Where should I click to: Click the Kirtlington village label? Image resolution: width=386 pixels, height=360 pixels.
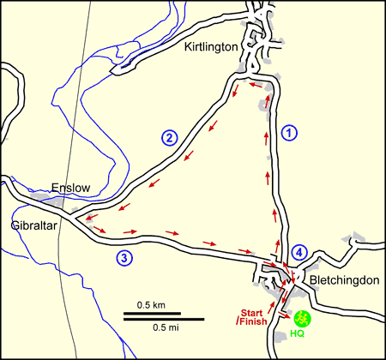[210, 49]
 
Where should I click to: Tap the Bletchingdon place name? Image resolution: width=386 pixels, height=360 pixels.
[339, 280]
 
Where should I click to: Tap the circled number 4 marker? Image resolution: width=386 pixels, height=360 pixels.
[298, 252]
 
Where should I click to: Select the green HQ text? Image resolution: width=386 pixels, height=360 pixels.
[299, 333]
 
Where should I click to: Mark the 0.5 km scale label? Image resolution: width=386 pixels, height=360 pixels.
[152, 306]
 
